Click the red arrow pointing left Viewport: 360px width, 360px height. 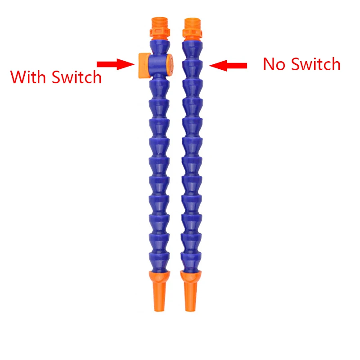pyautogui.click(x=228, y=66)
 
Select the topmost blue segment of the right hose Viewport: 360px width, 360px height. pyautogui.click(x=194, y=46)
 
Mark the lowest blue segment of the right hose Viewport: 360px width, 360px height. pyautogui.click(x=192, y=259)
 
